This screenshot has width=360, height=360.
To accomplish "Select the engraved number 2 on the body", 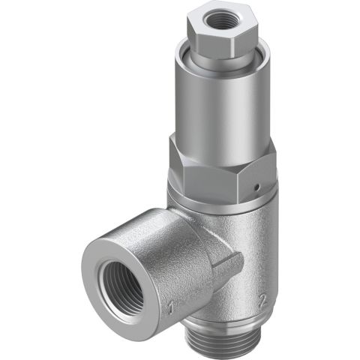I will point(262,300).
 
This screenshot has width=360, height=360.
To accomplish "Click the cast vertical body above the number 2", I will point(259,255).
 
